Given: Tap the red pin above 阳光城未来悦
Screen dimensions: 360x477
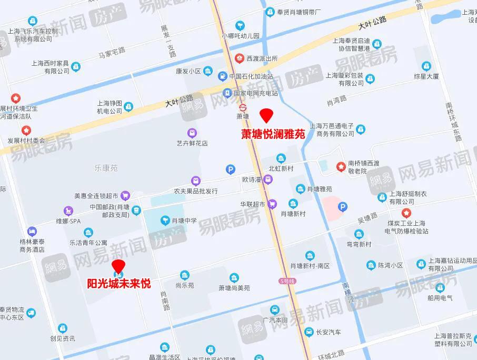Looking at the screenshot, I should [x=119, y=266].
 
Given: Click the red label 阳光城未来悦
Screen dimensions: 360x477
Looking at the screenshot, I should [x=119, y=284].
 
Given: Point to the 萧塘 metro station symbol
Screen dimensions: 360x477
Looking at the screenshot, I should [x=242, y=105].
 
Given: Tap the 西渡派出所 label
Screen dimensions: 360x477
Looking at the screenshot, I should [x=262, y=58].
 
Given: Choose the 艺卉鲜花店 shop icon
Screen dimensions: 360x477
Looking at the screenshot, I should [x=192, y=132].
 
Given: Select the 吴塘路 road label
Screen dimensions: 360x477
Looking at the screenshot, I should [x=367, y=216].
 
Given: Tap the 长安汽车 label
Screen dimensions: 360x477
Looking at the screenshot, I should [x=328, y=332].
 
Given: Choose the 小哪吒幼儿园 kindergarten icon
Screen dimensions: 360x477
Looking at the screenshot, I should [x=240, y=25].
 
